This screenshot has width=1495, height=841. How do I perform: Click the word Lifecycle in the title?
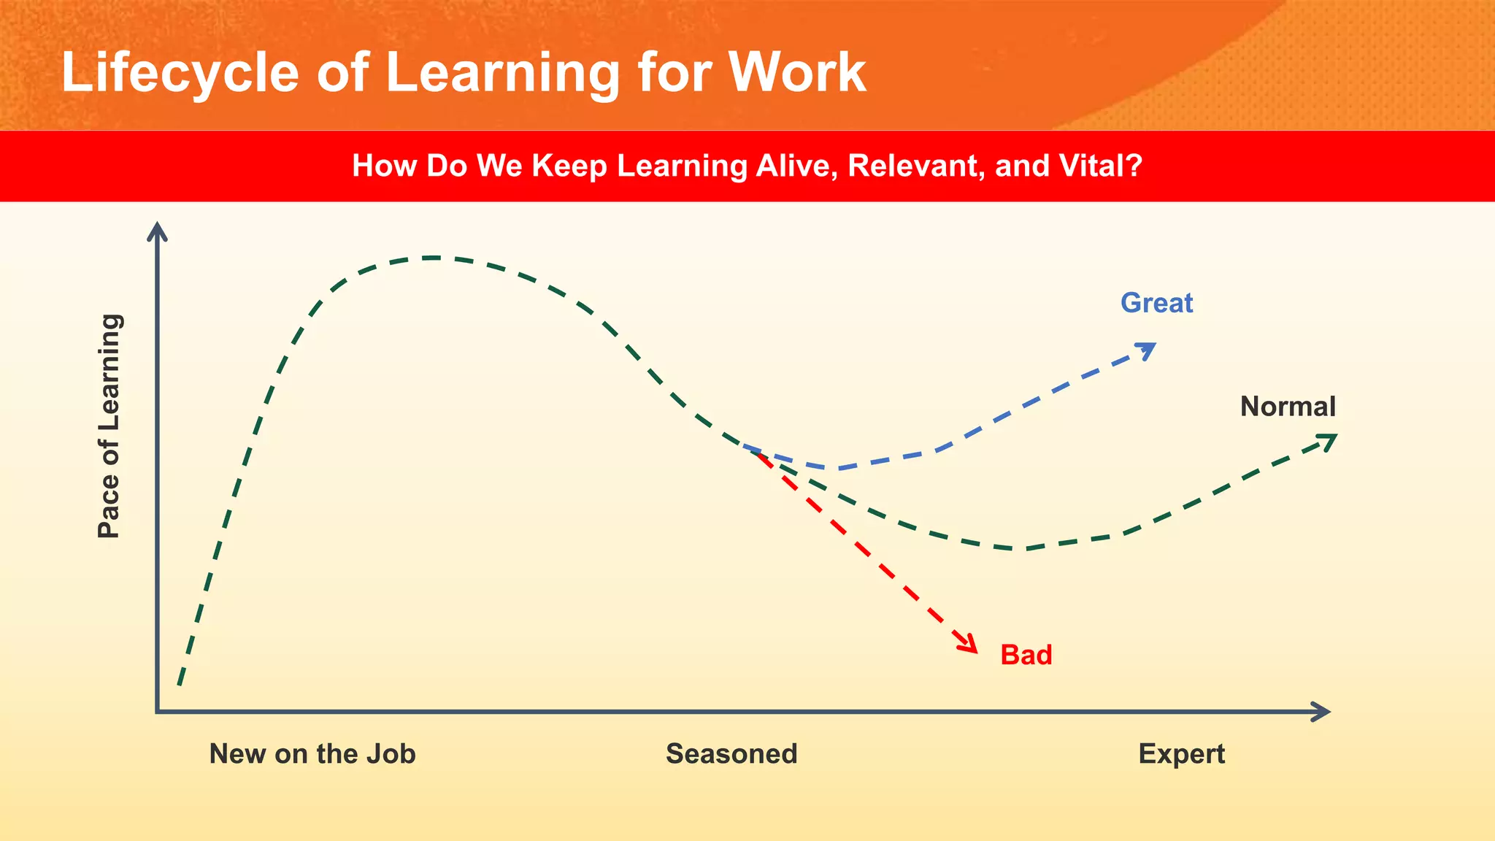pos(180,73)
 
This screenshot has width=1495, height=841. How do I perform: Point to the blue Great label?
pos(1156,303)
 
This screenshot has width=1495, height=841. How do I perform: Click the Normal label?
pos(1288,407)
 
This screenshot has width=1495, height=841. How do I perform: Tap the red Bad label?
pos(1026,655)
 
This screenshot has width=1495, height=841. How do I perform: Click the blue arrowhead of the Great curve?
pos(1148,350)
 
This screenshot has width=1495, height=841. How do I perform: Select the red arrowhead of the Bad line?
pos(969,644)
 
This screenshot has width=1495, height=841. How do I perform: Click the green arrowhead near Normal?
pos(1329,440)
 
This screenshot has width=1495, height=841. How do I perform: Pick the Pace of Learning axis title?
pos(109,426)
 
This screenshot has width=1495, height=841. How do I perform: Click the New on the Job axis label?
pos(312,754)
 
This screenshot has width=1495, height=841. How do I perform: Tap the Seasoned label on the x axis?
pos(731,754)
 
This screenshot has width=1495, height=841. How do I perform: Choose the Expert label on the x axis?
pos(1181,754)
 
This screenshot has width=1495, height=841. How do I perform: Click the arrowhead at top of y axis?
pos(157,231)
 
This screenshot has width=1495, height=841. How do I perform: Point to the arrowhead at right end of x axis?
pos(1321,712)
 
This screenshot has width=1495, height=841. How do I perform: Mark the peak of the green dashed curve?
pos(432,258)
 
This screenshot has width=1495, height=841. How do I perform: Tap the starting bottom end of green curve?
pos(180,683)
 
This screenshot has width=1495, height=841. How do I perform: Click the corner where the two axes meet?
pos(158,711)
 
